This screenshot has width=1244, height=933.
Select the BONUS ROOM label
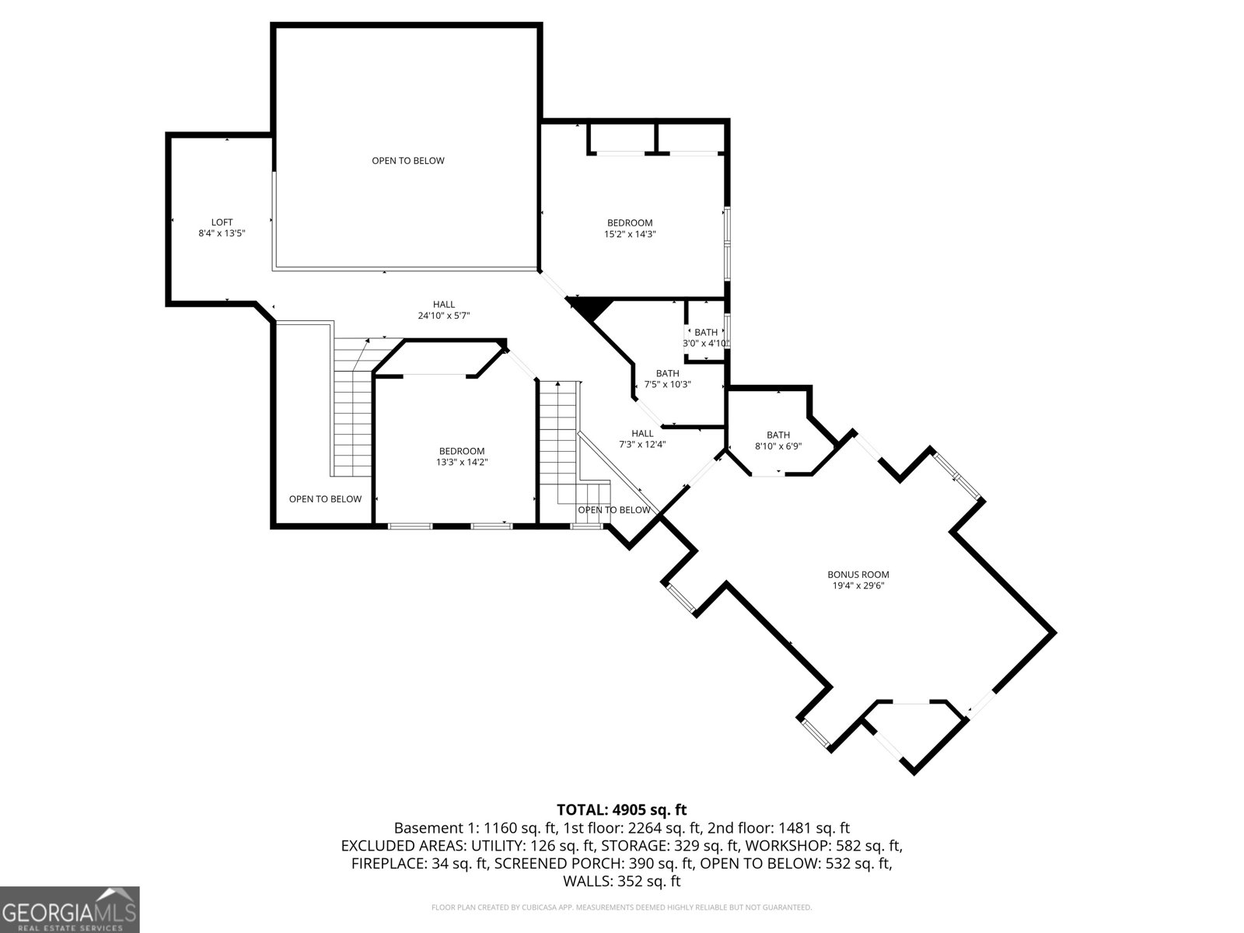coord(858,575)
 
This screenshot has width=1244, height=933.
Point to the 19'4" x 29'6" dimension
coord(858,585)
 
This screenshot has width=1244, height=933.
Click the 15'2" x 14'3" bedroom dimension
coord(630,234)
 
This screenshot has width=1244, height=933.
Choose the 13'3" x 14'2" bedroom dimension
coord(461,462)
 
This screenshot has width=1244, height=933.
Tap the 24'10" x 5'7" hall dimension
coord(443,316)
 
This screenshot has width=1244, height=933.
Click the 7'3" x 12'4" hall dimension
coord(642,445)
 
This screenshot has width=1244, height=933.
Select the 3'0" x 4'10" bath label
coord(706,343)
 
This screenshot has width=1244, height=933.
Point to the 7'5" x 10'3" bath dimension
coord(667,384)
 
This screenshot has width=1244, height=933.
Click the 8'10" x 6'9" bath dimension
coord(777,446)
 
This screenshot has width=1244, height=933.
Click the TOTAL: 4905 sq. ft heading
coord(621,810)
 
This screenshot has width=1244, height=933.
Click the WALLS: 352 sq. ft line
coord(621,881)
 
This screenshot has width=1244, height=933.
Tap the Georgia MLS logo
coord(70,910)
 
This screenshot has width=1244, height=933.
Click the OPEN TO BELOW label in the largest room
coord(407,161)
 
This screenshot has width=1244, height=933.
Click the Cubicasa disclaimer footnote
coord(621,907)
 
